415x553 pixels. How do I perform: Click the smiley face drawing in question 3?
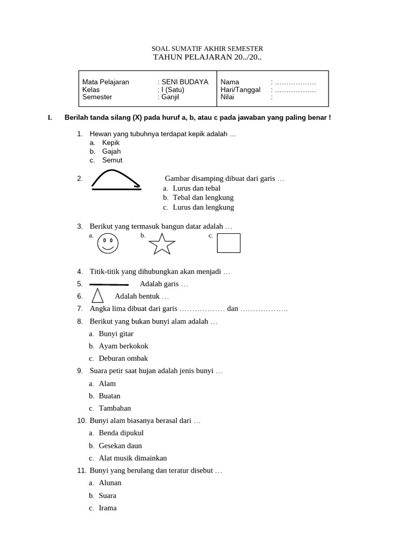108,244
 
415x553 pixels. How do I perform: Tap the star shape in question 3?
162,244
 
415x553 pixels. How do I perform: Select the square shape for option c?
229,243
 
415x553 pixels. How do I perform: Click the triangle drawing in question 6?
98,295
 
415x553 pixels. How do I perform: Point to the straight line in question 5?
109,284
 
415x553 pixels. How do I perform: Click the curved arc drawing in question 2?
116,180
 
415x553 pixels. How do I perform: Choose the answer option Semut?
112,160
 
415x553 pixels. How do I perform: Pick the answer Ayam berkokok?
123,346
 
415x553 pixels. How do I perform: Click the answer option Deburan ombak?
123,358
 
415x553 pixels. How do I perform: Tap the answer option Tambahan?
115,408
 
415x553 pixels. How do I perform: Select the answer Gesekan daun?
120,446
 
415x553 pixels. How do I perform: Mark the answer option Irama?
108,508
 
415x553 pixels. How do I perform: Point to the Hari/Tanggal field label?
240,90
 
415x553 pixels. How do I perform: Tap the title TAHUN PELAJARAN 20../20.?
207,57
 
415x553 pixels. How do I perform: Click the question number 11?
82,470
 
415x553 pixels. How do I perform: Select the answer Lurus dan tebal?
196,188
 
